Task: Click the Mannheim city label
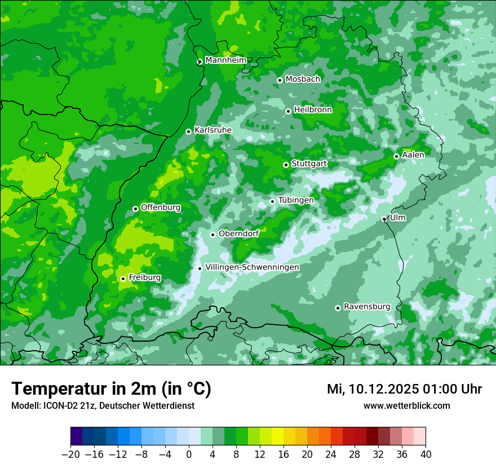point(225,60)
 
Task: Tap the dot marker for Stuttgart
point(286,165)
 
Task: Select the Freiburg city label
point(144,277)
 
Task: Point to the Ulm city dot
point(384,219)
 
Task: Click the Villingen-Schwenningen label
point(252,267)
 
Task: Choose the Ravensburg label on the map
point(366,307)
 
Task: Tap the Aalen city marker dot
point(396,156)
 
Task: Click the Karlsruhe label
point(212,130)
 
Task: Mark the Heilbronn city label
point(313,110)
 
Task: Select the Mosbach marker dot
point(280,80)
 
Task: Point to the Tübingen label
point(295,200)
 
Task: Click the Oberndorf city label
point(238,233)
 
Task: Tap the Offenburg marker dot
point(135,209)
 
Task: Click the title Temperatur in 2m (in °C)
point(111,389)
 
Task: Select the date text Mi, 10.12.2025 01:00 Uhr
point(404,389)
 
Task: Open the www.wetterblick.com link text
point(406,405)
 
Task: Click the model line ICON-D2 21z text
point(103,405)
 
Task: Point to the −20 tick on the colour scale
point(70,454)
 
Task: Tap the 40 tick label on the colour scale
point(426,454)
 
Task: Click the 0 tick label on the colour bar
point(189,454)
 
